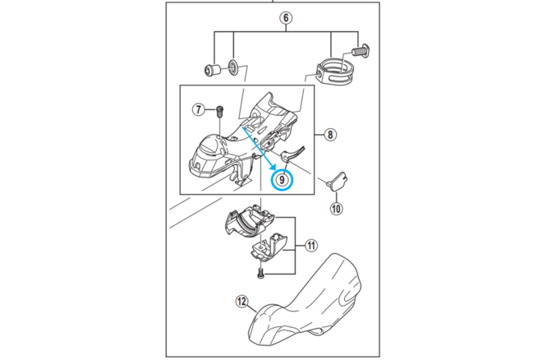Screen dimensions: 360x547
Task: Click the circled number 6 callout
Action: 285,17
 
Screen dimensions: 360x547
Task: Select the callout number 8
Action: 329,133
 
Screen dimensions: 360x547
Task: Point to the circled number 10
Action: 335,207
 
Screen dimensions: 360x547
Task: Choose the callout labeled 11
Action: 311,245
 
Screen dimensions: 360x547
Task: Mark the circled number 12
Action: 241,302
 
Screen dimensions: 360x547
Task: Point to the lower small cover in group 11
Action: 269,246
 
